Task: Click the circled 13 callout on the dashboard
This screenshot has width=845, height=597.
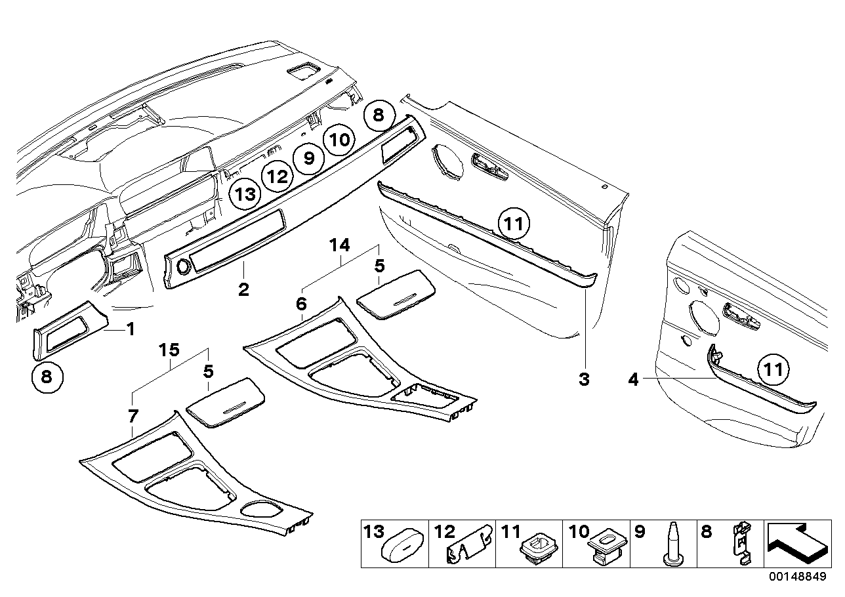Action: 244,195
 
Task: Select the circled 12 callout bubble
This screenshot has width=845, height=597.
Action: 277,176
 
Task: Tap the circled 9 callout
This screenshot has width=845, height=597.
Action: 309,158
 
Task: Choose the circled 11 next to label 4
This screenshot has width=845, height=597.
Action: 773,370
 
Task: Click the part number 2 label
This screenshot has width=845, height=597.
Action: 243,289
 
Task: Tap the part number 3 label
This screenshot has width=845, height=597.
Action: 584,379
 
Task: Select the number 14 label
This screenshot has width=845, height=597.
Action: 340,246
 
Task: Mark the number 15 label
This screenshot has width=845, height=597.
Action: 170,350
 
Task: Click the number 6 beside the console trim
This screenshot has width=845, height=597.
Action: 301,304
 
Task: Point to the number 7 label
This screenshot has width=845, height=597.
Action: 133,415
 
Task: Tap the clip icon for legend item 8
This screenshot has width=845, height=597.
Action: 741,543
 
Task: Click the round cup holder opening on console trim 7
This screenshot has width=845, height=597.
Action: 261,510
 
